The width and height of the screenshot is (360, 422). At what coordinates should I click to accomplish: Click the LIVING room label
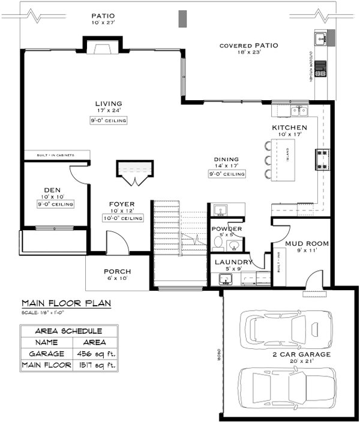tap(108, 104)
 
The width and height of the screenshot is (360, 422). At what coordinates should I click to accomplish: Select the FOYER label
tap(122, 204)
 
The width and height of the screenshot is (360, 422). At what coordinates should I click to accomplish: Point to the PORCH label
tap(117, 271)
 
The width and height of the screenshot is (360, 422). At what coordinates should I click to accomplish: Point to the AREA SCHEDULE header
tap(68, 331)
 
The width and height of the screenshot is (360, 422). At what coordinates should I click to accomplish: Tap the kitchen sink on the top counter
tap(298, 111)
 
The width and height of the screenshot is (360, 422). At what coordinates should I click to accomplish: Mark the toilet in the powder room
tap(218, 243)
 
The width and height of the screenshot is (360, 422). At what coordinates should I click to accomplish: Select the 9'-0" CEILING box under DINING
tap(227, 174)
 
